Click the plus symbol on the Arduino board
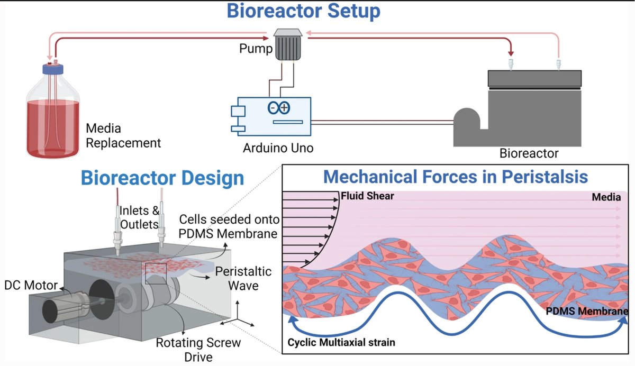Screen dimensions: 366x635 click(284, 108)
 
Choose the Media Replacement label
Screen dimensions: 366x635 click(123, 136)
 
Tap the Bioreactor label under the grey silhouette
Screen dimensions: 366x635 click(529, 153)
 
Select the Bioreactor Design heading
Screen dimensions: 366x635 click(162, 178)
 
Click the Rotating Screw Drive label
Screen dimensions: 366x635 click(198, 350)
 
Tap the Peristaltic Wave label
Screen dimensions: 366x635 click(244, 279)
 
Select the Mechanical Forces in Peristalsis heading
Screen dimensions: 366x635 click(455, 177)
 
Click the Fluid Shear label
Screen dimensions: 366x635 click(368, 196)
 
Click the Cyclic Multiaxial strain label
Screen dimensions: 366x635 click(341, 342)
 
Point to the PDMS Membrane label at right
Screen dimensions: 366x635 click(588, 312)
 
